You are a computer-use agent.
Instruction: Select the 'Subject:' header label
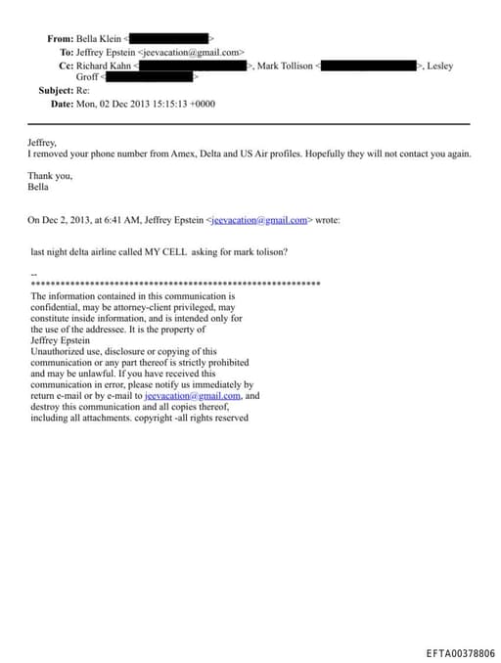pyautogui.click(x=54, y=90)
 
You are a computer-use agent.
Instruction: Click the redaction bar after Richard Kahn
pyautogui.click(x=191, y=66)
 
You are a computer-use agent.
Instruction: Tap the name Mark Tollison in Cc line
pyautogui.click(x=285, y=66)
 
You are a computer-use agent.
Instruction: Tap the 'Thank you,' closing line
pyautogui.click(x=49, y=175)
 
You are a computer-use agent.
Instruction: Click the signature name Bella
pyautogui.click(x=38, y=186)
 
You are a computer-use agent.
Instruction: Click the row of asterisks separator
pyautogui.click(x=176, y=284)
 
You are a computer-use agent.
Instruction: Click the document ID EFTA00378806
pyautogui.click(x=460, y=653)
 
